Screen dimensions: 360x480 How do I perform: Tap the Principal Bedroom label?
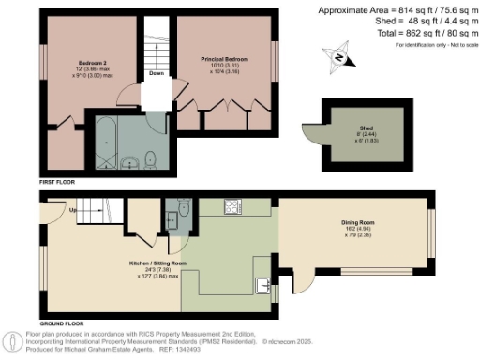coord(226,59)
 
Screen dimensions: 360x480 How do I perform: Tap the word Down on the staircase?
coord(157,72)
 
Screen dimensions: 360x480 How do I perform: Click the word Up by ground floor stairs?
coord(72,210)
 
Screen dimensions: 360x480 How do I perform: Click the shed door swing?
coord(307,137)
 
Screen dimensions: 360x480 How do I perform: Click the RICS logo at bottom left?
coord(16,338)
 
